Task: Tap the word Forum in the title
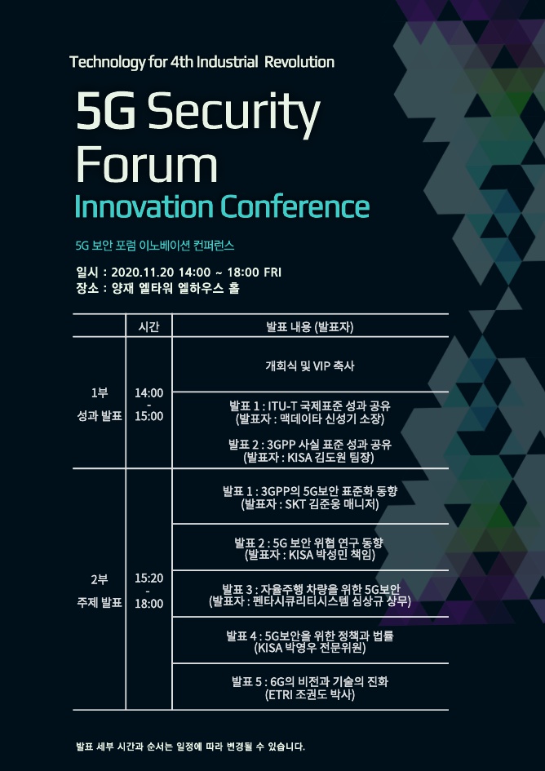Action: [x=146, y=164]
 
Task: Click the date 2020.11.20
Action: [x=143, y=273]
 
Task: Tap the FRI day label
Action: [x=272, y=273]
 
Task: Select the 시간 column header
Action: [x=149, y=326]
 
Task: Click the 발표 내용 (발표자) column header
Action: [x=310, y=326]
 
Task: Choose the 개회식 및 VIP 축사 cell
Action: [x=310, y=366]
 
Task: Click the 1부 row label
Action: [x=100, y=393]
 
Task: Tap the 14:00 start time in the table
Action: [x=149, y=393]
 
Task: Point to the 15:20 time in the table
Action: [x=149, y=578]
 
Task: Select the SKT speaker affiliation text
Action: [x=295, y=505]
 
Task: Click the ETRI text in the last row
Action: [x=279, y=695]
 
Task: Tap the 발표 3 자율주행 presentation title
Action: [x=311, y=589]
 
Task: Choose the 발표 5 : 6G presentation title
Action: [x=310, y=681]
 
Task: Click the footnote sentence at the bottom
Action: [x=191, y=747]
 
